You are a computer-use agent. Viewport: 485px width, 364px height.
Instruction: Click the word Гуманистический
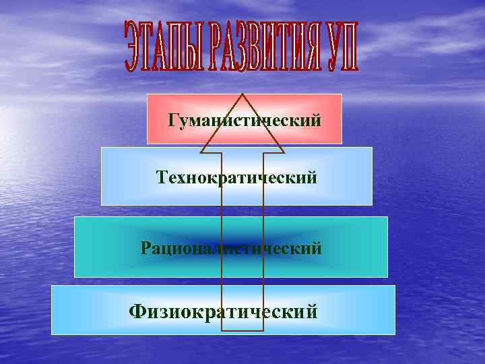[244, 121]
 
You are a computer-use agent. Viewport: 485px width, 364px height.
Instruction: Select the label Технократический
[236, 178]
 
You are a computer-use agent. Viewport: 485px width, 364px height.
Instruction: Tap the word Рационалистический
[231, 248]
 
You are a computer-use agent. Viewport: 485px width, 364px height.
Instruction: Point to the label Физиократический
[223, 311]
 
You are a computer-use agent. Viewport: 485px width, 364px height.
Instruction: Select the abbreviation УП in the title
[342, 48]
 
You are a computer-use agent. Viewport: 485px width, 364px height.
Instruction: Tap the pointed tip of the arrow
[242, 94]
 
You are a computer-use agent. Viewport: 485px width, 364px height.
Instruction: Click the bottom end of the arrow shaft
[243, 330]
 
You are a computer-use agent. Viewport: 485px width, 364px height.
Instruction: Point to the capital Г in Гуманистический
[174, 121]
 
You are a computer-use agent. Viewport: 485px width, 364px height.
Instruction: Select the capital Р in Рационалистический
[146, 248]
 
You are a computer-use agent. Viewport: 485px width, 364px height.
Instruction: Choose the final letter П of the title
[350, 48]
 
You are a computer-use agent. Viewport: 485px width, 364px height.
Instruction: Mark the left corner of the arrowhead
[201, 146]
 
